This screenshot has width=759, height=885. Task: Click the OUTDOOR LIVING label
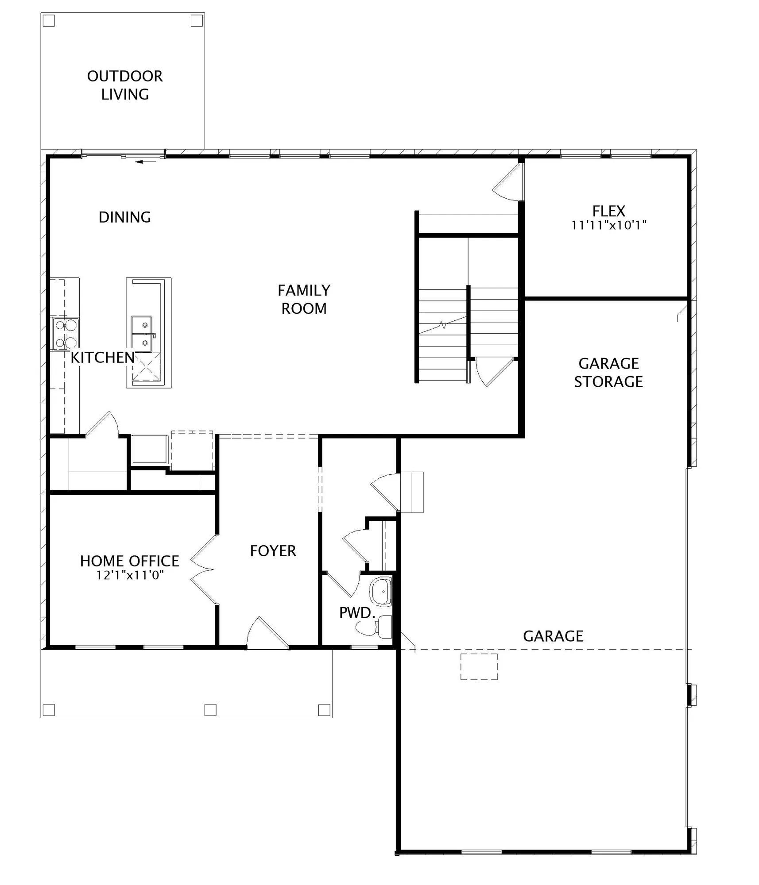click(x=125, y=85)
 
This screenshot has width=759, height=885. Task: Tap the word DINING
click(x=125, y=217)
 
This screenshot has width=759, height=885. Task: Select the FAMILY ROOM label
click(x=304, y=299)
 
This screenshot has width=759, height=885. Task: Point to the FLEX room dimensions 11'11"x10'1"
click(x=609, y=225)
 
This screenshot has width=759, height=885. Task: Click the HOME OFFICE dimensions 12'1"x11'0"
click(x=130, y=575)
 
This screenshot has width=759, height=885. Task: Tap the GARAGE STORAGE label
click(x=608, y=372)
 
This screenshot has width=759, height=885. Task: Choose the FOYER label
click(x=273, y=551)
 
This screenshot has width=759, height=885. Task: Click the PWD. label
click(x=357, y=612)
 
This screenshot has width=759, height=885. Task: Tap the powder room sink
click(x=381, y=591)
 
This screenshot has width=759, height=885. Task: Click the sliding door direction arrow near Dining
click(x=146, y=162)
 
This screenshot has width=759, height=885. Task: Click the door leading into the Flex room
click(x=508, y=182)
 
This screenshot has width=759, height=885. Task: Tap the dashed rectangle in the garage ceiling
click(x=479, y=666)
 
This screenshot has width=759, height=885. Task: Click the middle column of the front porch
click(x=210, y=710)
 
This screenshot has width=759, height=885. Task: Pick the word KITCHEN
click(x=103, y=358)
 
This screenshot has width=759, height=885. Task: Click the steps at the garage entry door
click(x=412, y=492)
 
